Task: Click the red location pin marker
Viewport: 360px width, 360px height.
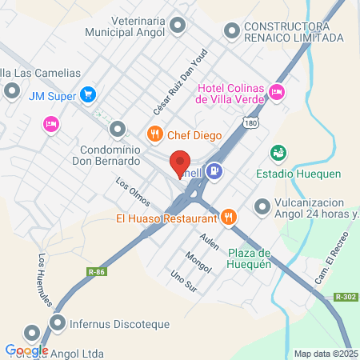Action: click(181, 165)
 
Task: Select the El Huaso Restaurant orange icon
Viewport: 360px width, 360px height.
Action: click(229, 216)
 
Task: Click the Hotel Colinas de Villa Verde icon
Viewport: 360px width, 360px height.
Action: click(277, 92)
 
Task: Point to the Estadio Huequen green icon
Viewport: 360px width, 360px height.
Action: click(278, 152)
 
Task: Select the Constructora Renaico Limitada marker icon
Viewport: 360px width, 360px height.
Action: click(232, 31)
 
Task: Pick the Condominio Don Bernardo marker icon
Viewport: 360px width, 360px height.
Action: click(118, 129)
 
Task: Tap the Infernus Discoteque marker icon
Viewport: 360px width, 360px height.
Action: click(58, 323)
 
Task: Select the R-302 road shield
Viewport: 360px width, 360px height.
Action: click(346, 297)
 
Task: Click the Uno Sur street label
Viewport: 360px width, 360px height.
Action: click(183, 280)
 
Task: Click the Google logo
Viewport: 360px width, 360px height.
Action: click(26, 350)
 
